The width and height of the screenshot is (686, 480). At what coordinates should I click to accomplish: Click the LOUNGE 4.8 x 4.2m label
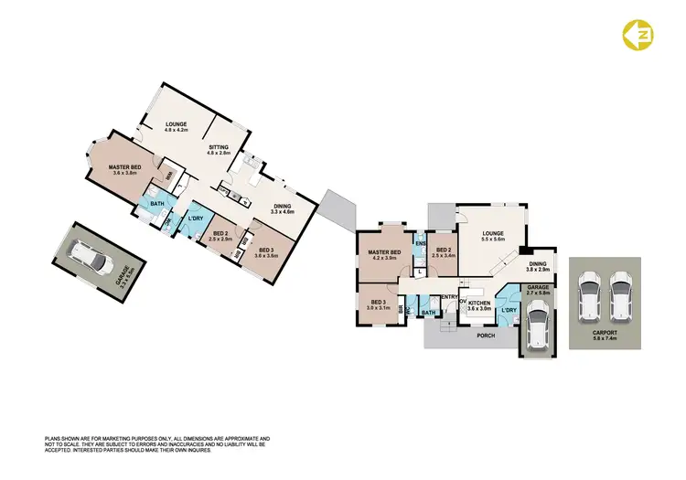click(177, 127)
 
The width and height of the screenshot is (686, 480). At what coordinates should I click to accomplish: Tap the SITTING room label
click(219, 150)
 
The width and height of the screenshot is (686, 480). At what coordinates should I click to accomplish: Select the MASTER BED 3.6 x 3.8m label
click(124, 170)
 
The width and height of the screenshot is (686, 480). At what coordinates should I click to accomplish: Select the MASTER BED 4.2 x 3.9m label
click(384, 255)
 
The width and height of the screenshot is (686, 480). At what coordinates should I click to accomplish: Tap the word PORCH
click(486, 336)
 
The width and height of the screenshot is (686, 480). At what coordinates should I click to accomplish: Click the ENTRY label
click(448, 297)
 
